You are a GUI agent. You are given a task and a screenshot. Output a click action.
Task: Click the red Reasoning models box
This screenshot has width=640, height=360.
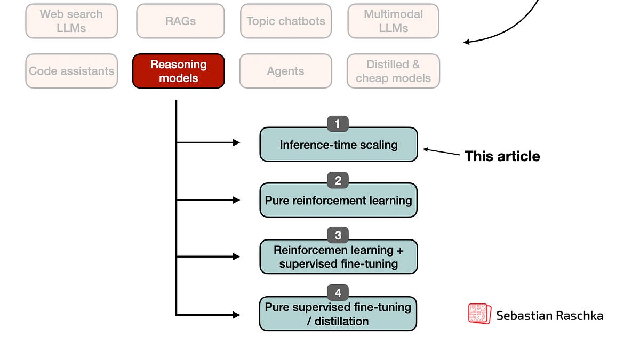pyautogui.click(x=178, y=71)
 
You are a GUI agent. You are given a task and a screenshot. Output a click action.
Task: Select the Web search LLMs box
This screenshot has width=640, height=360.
pyautogui.click(x=71, y=21)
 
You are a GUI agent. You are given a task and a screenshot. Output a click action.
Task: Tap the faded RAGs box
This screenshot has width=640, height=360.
pyautogui.click(x=180, y=21)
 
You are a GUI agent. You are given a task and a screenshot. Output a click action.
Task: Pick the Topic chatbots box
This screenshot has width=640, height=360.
pyautogui.click(x=285, y=21)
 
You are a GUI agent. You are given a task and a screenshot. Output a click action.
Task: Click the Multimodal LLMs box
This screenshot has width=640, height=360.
pyautogui.click(x=393, y=21)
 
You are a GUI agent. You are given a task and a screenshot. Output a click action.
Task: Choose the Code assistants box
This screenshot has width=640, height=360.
pyautogui.click(x=71, y=71)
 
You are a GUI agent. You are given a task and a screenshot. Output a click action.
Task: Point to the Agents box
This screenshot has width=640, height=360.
pyautogui.click(x=285, y=71)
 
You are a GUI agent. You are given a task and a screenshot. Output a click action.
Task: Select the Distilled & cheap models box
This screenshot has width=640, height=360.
pyautogui.click(x=393, y=71)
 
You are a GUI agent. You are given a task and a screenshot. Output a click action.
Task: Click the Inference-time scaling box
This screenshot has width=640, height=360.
pyautogui.click(x=338, y=145)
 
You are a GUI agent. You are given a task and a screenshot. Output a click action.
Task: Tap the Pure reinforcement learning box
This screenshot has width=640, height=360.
pyautogui.click(x=338, y=201)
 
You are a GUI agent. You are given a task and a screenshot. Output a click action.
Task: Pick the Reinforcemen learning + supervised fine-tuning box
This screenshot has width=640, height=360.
pyautogui.click(x=338, y=257)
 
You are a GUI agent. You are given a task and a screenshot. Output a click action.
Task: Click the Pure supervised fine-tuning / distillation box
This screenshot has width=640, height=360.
pyautogui.click(x=338, y=314)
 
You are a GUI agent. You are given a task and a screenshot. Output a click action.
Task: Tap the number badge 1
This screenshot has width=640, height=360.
pyautogui.click(x=338, y=124)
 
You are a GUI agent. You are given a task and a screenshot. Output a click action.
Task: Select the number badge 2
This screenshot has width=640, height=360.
pyautogui.click(x=338, y=181)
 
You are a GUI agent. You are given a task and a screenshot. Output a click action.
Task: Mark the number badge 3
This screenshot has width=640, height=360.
pyautogui.click(x=338, y=235)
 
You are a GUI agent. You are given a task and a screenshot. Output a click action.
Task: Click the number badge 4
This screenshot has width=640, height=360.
pyautogui.click(x=338, y=292)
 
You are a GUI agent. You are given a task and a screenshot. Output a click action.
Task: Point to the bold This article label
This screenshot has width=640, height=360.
pyautogui.click(x=502, y=156)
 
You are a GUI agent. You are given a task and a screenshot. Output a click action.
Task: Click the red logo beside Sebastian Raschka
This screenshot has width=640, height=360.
pyautogui.click(x=479, y=314)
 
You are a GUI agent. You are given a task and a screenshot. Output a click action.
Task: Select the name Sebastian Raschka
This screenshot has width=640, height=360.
pyautogui.click(x=549, y=315)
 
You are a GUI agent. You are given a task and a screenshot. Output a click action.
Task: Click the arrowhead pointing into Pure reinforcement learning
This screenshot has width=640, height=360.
pyautogui.click(x=236, y=200)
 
